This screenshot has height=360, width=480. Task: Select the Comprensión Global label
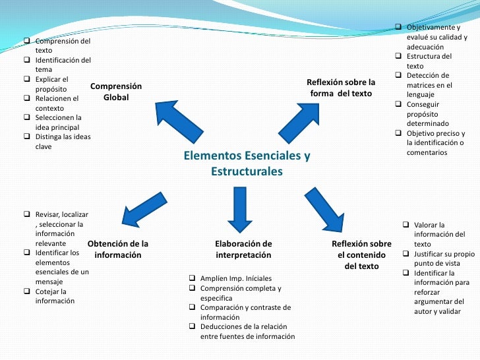[x=116, y=92]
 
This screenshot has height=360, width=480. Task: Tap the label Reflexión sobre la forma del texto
[x=341, y=88]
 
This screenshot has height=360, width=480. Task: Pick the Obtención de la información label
[x=118, y=249]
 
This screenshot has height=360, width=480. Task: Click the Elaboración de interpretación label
[x=243, y=249]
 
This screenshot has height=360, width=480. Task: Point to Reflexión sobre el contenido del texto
[x=361, y=255]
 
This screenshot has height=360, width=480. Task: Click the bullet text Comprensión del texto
[x=62, y=46]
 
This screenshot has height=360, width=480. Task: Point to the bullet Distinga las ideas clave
[x=63, y=141]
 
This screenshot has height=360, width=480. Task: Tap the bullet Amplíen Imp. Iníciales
[x=235, y=279]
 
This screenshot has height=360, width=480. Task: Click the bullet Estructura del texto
[x=429, y=61]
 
